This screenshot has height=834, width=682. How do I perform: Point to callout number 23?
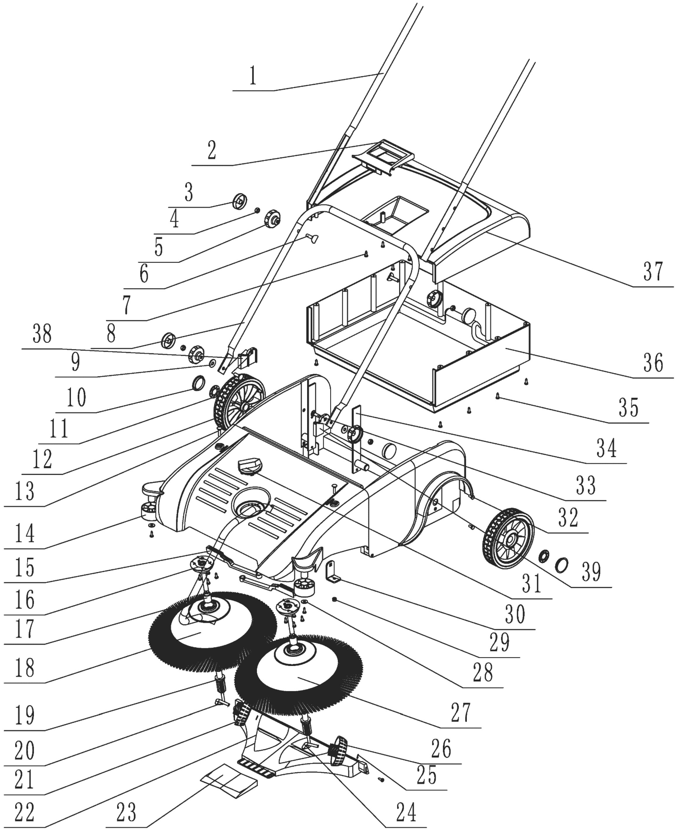126,812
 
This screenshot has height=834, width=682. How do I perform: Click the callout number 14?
24,533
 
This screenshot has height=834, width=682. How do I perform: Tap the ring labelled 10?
199,383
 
